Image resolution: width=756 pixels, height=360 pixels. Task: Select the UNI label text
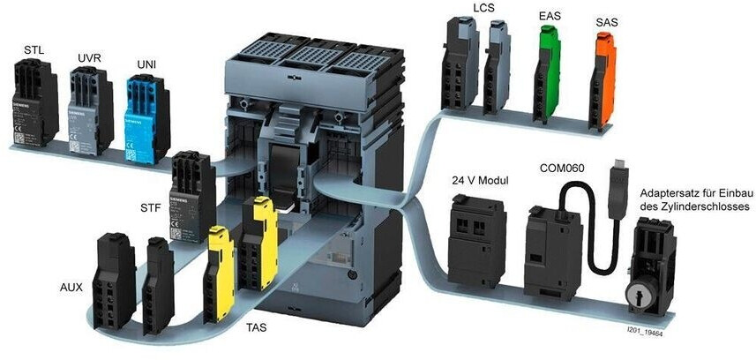[146, 65]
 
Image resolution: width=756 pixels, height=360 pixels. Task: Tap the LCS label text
[484, 9]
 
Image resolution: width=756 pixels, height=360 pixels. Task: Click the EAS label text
[550, 16]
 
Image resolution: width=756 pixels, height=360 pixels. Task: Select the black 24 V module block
[476, 238]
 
